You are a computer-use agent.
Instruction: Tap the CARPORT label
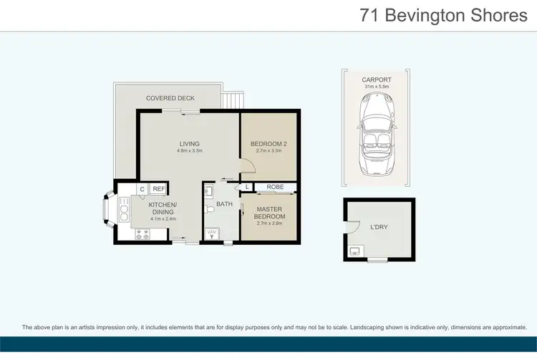[x=376, y=80]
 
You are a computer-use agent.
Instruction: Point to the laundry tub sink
[x=356, y=250]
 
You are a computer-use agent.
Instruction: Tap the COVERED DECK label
[x=170, y=98]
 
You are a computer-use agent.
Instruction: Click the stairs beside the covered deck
[x=231, y=99]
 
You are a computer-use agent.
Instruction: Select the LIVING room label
[x=190, y=143]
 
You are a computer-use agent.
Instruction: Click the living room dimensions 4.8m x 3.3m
[x=190, y=151]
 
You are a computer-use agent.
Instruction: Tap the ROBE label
[x=275, y=188]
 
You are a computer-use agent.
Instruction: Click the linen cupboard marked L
[x=247, y=188]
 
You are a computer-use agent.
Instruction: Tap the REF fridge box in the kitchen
[x=159, y=189]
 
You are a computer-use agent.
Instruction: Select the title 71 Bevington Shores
[x=444, y=16]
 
